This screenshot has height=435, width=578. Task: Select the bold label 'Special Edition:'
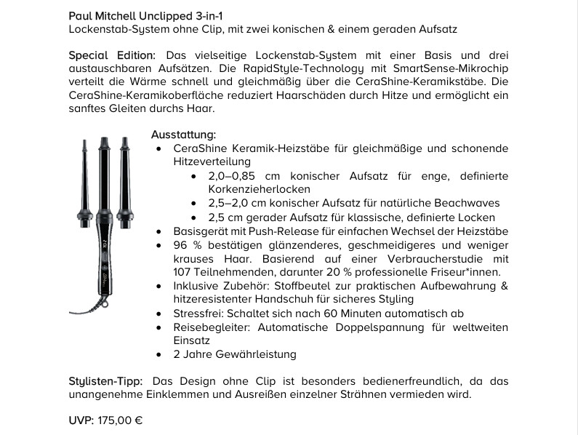112,55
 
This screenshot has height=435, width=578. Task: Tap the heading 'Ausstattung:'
183,135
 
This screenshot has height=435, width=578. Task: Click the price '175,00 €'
119,420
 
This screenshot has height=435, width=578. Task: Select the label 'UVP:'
81,420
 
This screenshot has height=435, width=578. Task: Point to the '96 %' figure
186,244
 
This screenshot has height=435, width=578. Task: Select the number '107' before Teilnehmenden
182,272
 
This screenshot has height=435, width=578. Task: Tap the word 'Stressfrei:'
198,313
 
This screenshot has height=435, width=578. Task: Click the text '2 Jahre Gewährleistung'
234,354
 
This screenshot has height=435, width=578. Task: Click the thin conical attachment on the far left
85,178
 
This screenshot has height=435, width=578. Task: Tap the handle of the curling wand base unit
104,255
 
